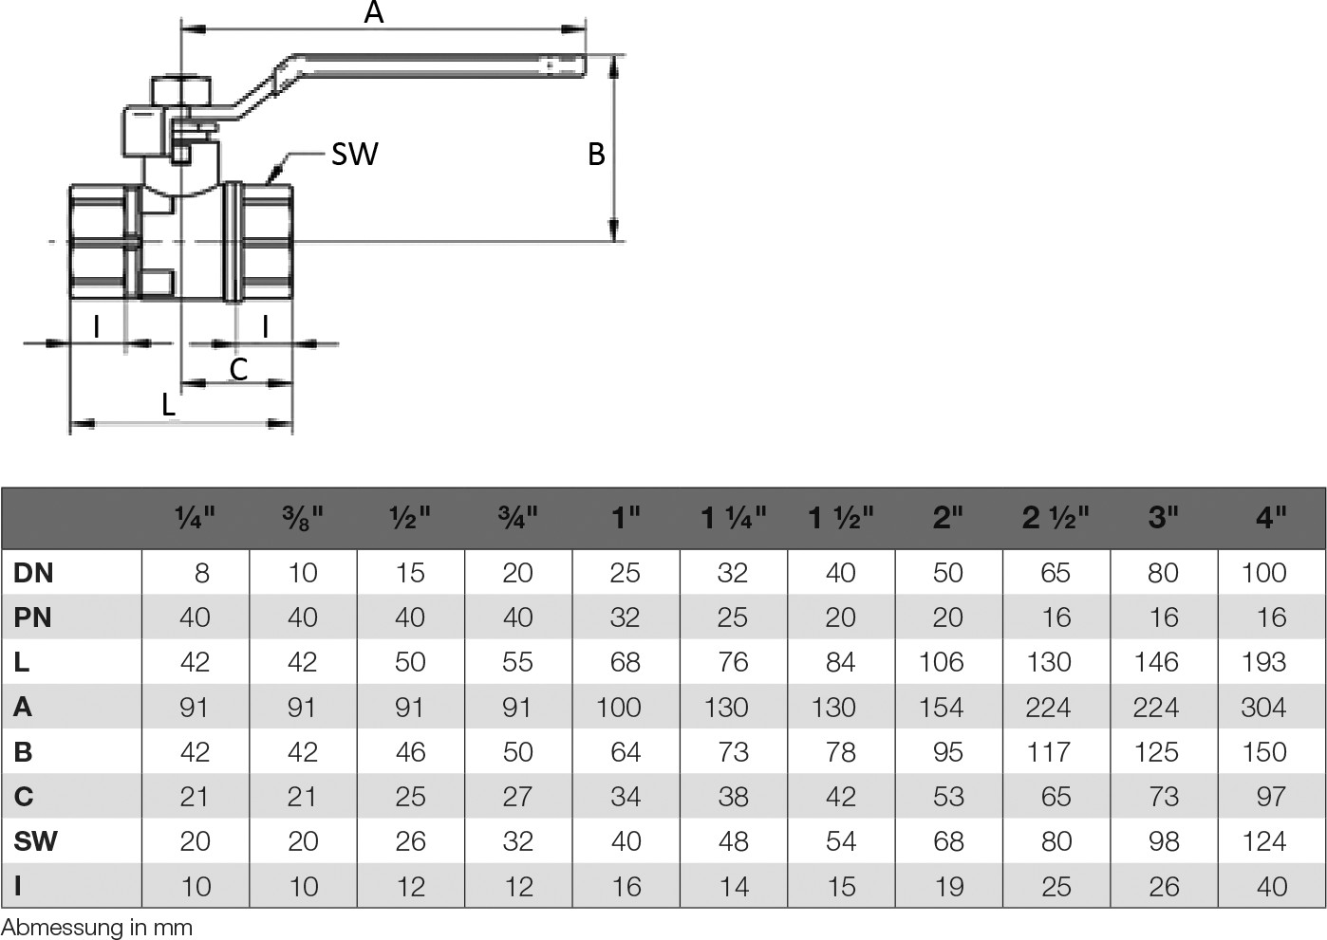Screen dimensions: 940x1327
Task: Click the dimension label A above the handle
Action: pos(374,12)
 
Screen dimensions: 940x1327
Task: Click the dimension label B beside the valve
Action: pos(596,154)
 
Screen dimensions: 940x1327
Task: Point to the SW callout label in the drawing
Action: pos(354,154)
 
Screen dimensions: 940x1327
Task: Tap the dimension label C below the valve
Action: pos(238,368)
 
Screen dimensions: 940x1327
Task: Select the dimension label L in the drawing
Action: pos(168,405)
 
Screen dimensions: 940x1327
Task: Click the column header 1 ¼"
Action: pos(733,518)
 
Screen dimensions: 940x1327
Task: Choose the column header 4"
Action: pos(1270,518)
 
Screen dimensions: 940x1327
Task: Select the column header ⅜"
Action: pos(303,518)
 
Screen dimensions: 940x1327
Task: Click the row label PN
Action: pos(33,617)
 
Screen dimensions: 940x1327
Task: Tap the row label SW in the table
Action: pos(35,841)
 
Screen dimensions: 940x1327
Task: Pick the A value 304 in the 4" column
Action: pos(1263,708)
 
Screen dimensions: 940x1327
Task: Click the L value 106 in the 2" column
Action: pos(941,662)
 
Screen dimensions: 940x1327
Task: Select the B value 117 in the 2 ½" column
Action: pos(1049,752)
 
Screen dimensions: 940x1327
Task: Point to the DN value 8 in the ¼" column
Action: pos(201,573)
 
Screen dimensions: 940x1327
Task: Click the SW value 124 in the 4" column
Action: pos(1263,841)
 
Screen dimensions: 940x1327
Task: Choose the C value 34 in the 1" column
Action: pos(626,797)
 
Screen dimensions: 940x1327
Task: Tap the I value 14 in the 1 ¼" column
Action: pos(733,887)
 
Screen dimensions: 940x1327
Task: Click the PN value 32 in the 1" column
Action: pos(626,617)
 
